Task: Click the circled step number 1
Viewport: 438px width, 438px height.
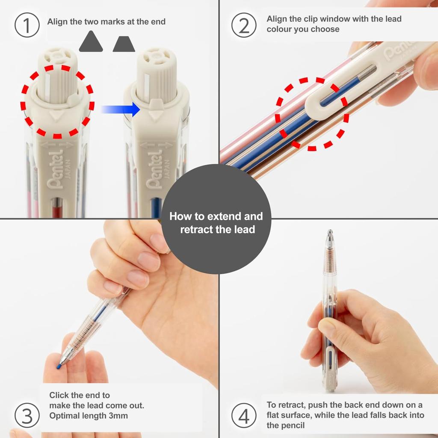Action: click(x=27, y=26)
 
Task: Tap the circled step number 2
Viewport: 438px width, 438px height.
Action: click(x=244, y=26)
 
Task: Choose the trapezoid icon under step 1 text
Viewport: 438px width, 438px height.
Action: click(x=124, y=44)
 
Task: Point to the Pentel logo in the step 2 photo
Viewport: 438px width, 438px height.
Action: click(x=398, y=52)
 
